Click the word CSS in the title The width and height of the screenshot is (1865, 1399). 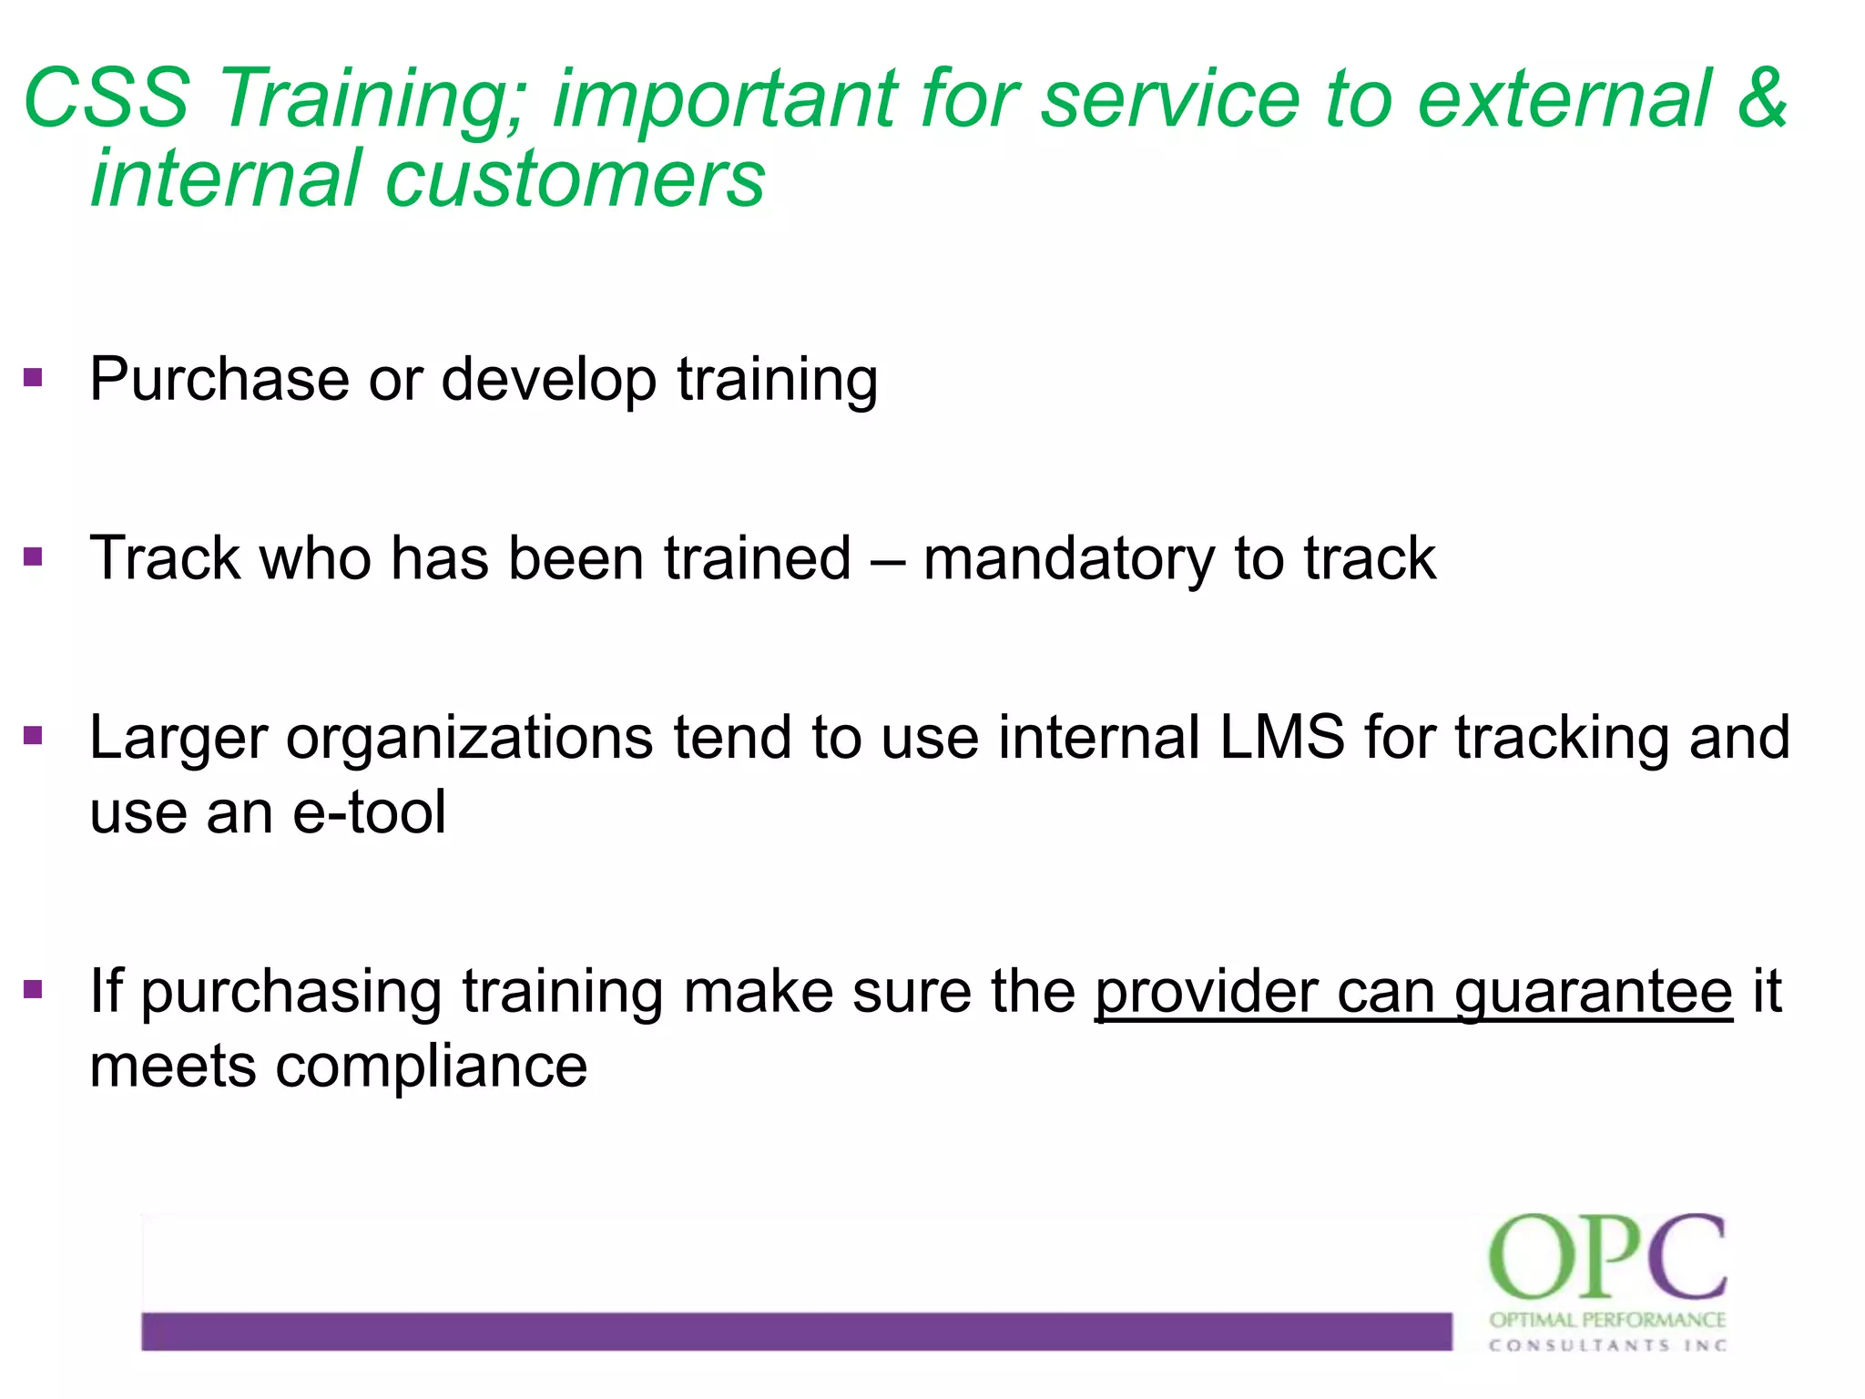click(107, 98)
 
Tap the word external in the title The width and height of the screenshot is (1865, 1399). click(1564, 98)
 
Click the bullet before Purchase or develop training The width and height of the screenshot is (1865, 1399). click(34, 377)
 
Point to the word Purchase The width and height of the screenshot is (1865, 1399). click(219, 379)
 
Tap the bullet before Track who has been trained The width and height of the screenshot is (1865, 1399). click(34, 557)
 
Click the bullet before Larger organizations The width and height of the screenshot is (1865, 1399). click(34, 735)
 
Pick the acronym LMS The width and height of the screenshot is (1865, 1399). click(1281, 737)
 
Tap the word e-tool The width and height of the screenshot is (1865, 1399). click(370, 812)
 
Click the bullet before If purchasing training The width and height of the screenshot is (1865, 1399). click(34, 989)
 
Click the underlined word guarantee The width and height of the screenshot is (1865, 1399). click(1593, 994)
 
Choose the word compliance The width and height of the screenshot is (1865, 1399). click(431, 1067)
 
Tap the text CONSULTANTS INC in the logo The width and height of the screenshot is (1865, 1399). click(1606, 1345)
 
